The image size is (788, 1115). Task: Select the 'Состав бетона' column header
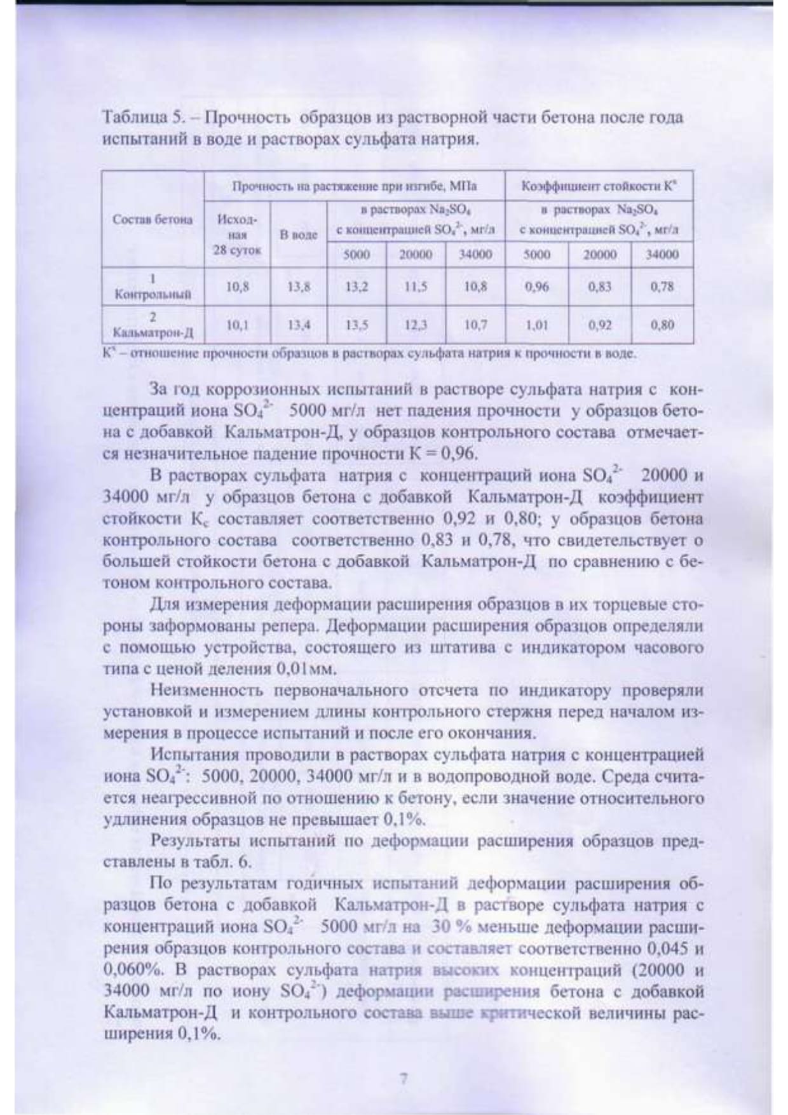(x=152, y=220)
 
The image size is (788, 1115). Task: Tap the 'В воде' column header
(x=299, y=234)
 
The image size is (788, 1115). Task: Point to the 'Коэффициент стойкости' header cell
(x=598, y=187)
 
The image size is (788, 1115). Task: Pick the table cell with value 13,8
(x=299, y=287)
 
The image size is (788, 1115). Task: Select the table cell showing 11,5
(x=416, y=287)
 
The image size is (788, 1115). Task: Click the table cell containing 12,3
(x=416, y=325)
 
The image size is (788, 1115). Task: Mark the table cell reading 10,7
(x=475, y=325)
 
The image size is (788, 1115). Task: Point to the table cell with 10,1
(x=236, y=325)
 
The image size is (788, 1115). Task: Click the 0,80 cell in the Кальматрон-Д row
(x=662, y=325)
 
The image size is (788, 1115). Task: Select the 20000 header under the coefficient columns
(x=599, y=255)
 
